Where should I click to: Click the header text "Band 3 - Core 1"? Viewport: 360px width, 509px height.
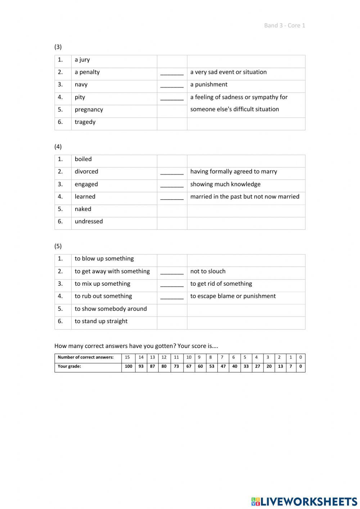click(x=284, y=25)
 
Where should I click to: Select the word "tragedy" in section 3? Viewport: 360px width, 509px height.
click(x=85, y=122)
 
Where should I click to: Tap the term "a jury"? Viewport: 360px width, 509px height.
click(x=82, y=60)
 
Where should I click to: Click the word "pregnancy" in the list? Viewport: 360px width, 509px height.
click(x=89, y=110)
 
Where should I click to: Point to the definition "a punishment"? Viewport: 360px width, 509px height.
click(x=209, y=85)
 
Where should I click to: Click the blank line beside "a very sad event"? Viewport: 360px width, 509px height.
click(x=172, y=73)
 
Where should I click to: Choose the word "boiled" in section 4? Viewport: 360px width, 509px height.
click(x=83, y=159)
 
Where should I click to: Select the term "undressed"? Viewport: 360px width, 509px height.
click(x=89, y=222)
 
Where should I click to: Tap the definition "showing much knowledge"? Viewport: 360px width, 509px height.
click(x=225, y=184)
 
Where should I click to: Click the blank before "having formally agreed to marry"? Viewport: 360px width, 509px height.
click(x=172, y=172)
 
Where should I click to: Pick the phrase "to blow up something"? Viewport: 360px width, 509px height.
click(x=104, y=259)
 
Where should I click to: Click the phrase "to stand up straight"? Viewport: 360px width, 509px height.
click(x=101, y=321)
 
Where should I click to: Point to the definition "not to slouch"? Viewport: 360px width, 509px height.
click(x=208, y=272)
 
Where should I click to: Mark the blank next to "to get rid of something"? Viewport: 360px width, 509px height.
click(x=172, y=285)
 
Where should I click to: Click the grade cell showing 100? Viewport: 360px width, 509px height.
click(x=129, y=366)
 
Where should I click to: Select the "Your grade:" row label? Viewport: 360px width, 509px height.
click(x=69, y=366)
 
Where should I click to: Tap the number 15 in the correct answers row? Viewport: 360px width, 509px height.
click(x=127, y=357)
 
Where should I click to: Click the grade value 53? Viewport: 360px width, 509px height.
click(x=212, y=366)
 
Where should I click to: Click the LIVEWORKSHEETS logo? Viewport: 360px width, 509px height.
click(x=304, y=501)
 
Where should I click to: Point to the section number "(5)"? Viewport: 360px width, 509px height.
click(x=58, y=246)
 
